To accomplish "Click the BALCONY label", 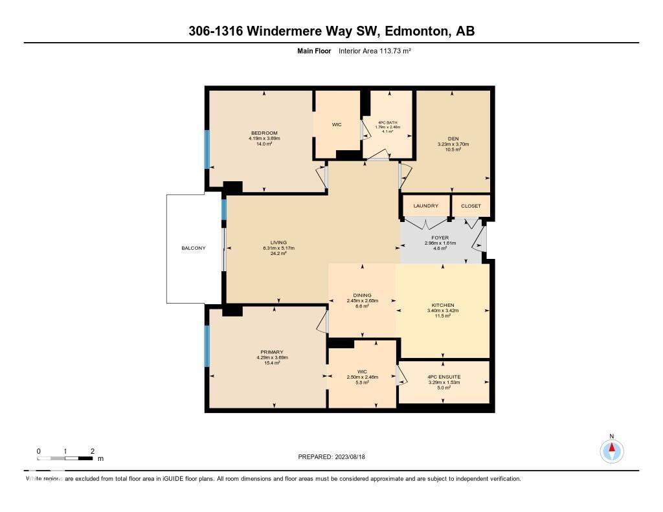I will click(194, 248).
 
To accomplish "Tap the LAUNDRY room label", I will click(425, 206).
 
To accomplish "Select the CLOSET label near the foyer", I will click(471, 206).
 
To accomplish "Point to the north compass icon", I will click(611, 450).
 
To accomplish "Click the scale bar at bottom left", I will click(65, 458).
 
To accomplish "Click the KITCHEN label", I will click(443, 305).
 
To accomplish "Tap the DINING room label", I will click(362, 295).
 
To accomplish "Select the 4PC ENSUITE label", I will click(444, 376).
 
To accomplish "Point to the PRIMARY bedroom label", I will click(272, 352).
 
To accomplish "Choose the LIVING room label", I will click(275, 242).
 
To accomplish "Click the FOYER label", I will click(440, 238).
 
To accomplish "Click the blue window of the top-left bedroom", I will click(207, 150).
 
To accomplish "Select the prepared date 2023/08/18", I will click(336, 457).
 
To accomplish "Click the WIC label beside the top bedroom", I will click(337, 124).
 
